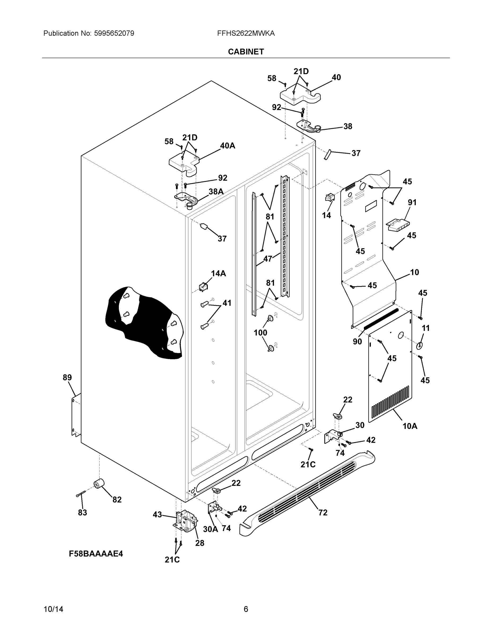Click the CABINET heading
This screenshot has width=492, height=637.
tap(246, 52)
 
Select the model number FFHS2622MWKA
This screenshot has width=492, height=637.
tap(246, 33)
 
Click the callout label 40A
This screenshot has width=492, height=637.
tap(227, 145)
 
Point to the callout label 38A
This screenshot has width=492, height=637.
tap(216, 192)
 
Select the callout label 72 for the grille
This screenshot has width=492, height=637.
tap(323, 513)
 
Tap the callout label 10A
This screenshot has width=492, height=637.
tap(410, 427)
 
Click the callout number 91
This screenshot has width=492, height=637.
tap(412, 202)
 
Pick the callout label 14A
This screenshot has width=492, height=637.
tap(218, 273)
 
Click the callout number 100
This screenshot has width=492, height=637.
tap(260, 333)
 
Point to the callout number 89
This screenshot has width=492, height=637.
tap(67, 377)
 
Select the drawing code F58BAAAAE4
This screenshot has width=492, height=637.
tap(96, 554)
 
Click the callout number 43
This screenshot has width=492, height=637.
tap(157, 515)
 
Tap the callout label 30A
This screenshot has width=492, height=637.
tap(210, 529)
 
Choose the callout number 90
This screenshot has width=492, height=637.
tap(357, 342)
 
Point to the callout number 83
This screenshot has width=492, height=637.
tap(82, 513)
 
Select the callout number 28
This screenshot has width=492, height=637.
tap(200, 543)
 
